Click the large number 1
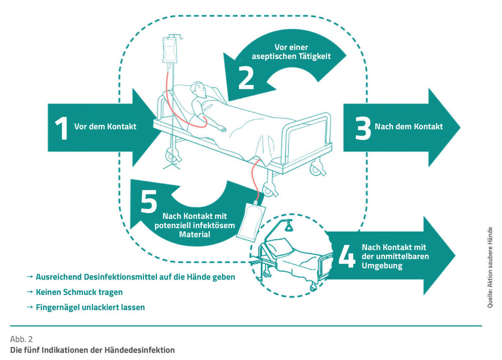[61, 128]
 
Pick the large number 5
[149, 202]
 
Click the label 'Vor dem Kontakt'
[105, 127]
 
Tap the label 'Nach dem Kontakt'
[409, 127]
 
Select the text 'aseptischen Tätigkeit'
[291, 56]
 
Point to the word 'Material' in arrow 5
[195, 235]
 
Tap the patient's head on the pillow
[198, 92]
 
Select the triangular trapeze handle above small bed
[290, 227]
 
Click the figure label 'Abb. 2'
[21, 339]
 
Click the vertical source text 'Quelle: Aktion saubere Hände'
[490, 267]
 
